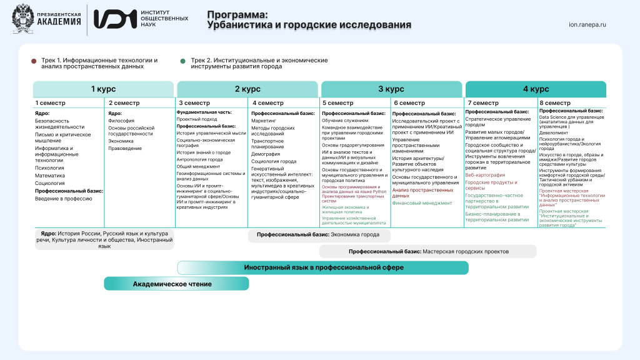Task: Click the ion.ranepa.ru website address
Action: click(x=588, y=25)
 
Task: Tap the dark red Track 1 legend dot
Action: click(x=34, y=61)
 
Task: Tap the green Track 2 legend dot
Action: click(x=182, y=61)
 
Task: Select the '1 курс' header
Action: click(x=103, y=89)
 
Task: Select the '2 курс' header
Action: click(x=247, y=89)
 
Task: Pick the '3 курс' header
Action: click(x=391, y=89)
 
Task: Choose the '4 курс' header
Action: click(x=535, y=89)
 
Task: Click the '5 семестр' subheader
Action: click(x=338, y=103)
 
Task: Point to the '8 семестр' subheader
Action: click(x=555, y=103)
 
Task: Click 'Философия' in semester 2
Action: click(x=121, y=121)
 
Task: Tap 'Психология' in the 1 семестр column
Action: click(x=49, y=167)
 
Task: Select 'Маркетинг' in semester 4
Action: click(x=264, y=121)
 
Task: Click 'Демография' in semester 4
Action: click(x=266, y=153)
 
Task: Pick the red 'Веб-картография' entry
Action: click(x=486, y=175)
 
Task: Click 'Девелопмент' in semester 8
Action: click(x=554, y=132)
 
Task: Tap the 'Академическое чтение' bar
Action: click(x=172, y=284)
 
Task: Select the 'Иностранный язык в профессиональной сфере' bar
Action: click(x=323, y=267)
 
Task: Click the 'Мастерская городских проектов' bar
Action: click(x=428, y=251)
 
